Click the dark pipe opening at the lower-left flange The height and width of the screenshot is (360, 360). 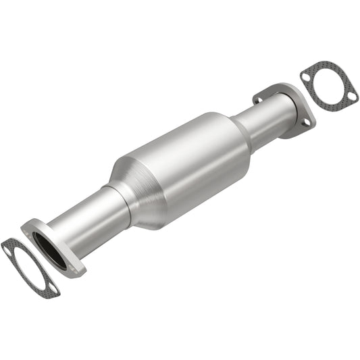49,247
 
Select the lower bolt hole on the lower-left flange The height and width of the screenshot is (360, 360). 74,269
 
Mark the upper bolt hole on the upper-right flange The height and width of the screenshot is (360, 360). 258,100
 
